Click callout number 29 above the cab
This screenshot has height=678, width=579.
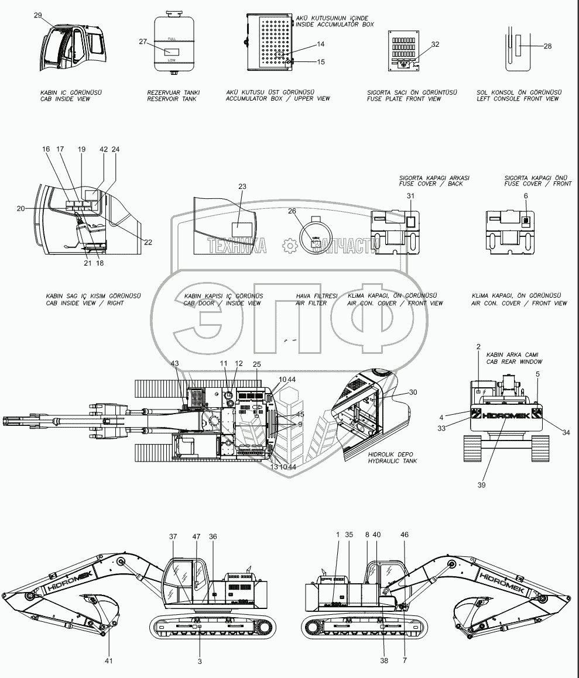(x=37, y=16)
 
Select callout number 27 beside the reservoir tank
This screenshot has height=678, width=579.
(x=142, y=42)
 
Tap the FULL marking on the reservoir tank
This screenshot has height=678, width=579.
(x=172, y=38)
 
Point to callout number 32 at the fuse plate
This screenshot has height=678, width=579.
(x=434, y=44)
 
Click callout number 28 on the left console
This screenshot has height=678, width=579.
(x=547, y=46)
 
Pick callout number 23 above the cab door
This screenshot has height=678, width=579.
(x=242, y=187)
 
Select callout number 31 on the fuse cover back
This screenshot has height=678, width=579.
(x=410, y=196)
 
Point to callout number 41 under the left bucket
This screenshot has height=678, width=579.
(x=109, y=660)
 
